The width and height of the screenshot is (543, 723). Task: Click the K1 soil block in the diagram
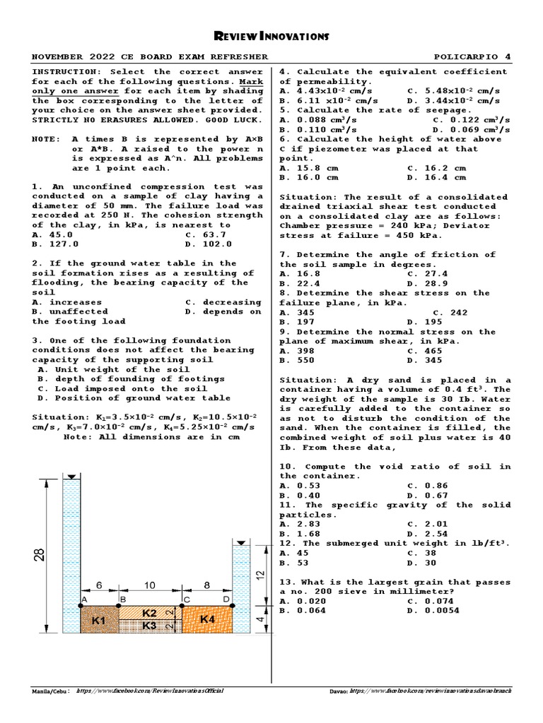tap(99, 620)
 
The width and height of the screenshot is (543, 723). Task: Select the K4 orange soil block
tap(207, 619)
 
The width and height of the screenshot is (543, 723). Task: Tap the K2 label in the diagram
tap(149, 613)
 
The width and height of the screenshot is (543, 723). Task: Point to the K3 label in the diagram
tap(149, 626)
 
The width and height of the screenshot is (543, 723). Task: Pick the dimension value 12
tap(259, 573)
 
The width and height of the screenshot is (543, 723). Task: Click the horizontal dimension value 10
tap(149, 585)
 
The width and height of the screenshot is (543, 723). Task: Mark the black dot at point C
tap(182, 605)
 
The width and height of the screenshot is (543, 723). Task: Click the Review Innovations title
tap(271, 36)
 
